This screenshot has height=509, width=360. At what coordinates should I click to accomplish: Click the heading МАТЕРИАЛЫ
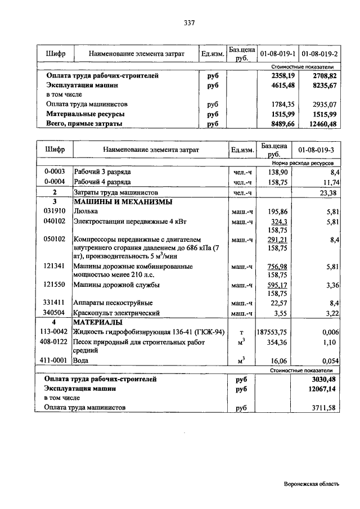click(x=98, y=322)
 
